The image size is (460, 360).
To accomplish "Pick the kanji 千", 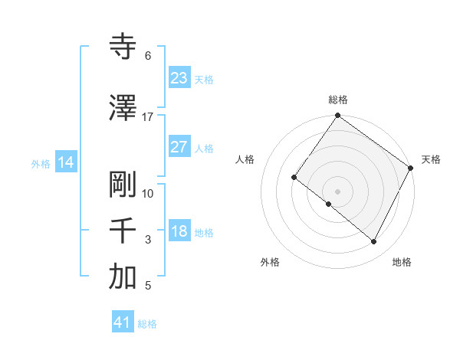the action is coord(123,231).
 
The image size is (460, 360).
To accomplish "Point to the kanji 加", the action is coord(123,277).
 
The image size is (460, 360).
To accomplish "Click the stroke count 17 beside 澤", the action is coord(148,117).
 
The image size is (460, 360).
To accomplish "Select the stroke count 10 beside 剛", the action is coord(148,194).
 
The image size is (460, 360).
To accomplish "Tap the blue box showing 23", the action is coord(179,78).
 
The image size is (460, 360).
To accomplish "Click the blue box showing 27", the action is coord(179,147).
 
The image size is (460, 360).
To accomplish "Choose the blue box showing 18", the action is coord(179,231).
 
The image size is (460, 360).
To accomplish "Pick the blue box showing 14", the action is coord(66,162).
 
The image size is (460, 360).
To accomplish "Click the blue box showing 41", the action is coord(123,322).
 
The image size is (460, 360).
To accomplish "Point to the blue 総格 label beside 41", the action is coord(147,324).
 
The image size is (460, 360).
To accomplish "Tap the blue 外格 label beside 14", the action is coord(41,163).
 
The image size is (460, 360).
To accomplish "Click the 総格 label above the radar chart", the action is coord(337,100).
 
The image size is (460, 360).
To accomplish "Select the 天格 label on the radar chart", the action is coord(431,159).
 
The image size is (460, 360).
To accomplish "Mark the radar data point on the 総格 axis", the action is coord(337,116).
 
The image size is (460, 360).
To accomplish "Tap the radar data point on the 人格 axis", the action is coord(294,178).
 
